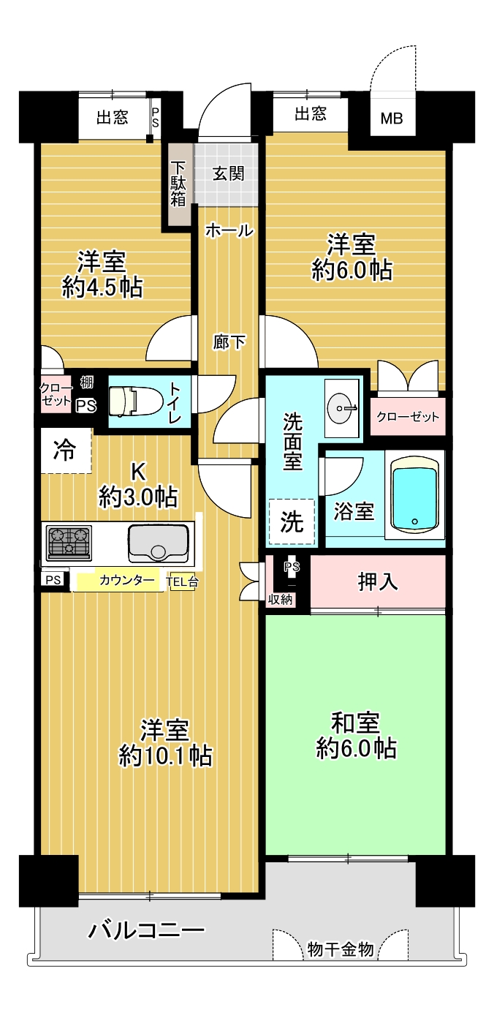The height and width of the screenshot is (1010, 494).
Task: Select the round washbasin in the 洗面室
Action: pos(342,407)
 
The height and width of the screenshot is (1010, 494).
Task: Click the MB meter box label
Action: pos(392,118)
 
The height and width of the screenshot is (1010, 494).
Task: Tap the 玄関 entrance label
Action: pos(229,173)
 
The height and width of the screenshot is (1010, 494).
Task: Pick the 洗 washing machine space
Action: pos(292,521)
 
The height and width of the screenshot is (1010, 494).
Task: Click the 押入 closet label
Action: pos(378,581)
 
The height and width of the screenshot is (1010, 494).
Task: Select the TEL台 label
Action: pos(182,581)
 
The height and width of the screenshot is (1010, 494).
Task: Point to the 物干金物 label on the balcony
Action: pos(341,949)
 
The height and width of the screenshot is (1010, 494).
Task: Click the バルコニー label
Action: pos(146,930)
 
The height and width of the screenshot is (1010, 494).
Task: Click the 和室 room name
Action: pos(355,723)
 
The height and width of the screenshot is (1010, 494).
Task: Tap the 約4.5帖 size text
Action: pos(103,287)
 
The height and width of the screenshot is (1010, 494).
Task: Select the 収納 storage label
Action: pos(280,599)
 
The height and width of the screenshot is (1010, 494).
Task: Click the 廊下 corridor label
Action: pos(229,343)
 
